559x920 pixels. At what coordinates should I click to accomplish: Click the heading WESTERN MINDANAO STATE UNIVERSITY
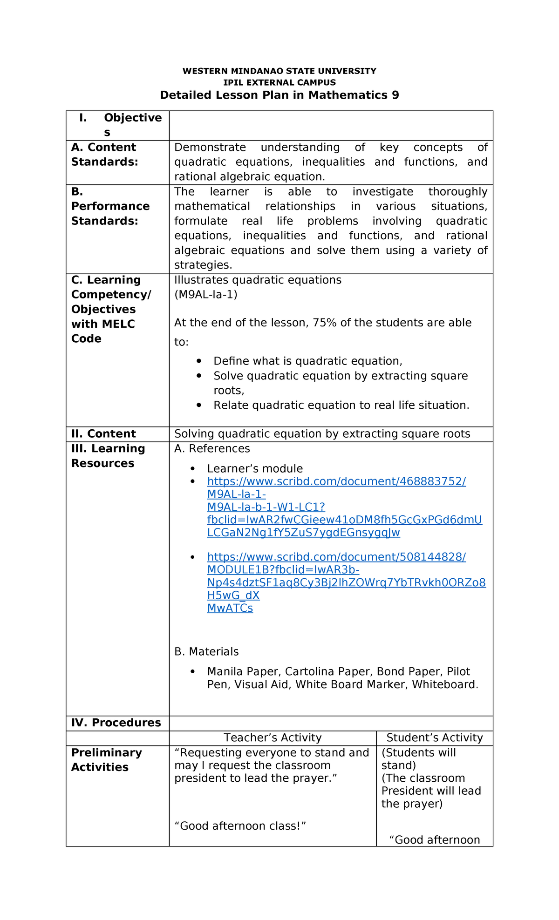[x=279, y=71]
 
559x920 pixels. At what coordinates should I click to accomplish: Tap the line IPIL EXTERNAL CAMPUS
[x=279, y=83]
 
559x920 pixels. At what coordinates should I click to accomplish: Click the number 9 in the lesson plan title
[x=395, y=95]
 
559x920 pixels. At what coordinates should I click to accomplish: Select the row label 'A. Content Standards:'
[x=104, y=155]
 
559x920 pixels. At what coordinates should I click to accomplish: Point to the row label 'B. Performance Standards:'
[x=110, y=206]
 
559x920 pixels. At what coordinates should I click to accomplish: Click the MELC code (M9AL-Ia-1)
[x=205, y=295]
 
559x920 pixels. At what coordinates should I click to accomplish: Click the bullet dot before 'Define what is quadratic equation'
[x=199, y=361]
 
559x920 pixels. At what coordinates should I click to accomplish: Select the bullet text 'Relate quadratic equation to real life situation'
[x=341, y=406]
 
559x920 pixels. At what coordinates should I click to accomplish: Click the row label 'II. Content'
[x=103, y=434]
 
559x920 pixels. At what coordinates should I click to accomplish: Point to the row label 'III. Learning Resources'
[x=108, y=456]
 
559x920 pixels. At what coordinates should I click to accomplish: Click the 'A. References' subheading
[x=212, y=449]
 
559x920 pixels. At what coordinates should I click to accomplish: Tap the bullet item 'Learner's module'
[x=255, y=469]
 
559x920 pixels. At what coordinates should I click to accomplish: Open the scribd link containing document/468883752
[x=336, y=482]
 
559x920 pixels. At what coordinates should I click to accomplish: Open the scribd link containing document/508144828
[x=336, y=557]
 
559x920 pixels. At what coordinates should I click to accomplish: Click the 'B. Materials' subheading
[x=206, y=652]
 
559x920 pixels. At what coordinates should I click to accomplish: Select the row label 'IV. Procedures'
[x=116, y=723]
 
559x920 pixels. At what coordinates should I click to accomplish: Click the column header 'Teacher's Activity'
[x=273, y=738]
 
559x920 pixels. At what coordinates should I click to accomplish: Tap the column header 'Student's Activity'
[x=434, y=738]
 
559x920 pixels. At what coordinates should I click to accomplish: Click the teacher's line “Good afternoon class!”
[x=240, y=826]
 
